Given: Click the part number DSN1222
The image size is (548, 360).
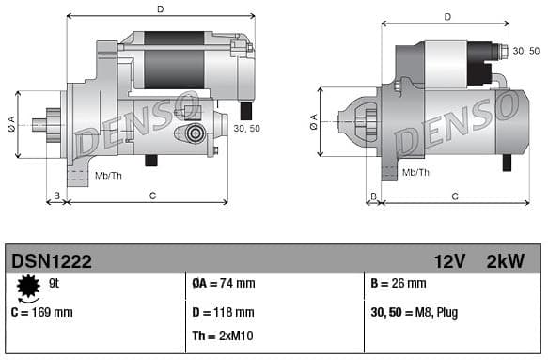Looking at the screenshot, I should tap(51, 260).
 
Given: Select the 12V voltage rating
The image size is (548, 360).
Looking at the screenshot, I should tap(450, 260).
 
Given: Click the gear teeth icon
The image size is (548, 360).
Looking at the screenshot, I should tap(28, 285).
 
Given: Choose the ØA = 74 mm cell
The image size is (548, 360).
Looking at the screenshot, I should tap(224, 283).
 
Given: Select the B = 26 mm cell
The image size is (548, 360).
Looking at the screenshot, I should tap(399, 283).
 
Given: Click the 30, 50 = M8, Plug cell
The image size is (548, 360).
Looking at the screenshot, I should tap(415, 312).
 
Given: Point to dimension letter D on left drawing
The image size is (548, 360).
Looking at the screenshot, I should tap(160, 9).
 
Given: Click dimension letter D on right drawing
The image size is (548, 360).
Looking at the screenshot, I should tap(446, 17).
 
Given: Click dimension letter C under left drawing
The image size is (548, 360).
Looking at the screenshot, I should tap(152, 195).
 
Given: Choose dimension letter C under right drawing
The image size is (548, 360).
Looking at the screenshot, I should tap(454, 196).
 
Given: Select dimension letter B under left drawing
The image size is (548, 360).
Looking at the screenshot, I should tap(56, 195).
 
